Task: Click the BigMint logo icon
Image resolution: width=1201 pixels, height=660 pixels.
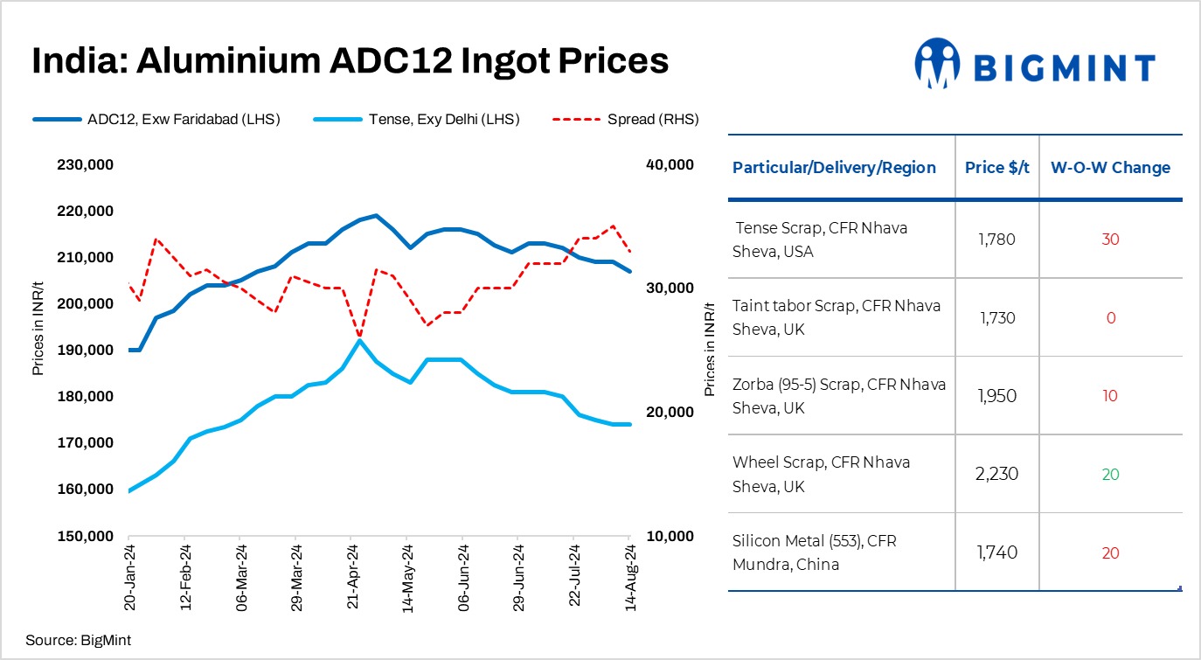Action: pyautogui.click(x=938, y=63)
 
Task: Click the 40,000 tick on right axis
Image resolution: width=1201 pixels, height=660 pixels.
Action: pyautogui.click(x=668, y=165)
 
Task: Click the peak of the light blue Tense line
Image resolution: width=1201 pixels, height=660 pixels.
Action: pyautogui.click(x=359, y=340)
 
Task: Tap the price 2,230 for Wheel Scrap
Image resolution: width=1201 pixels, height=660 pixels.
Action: pyautogui.click(x=997, y=474)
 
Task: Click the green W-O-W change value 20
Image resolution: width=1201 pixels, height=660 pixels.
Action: pyautogui.click(x=1110, y=475)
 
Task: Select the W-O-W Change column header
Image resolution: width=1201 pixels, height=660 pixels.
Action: pyautogui.click(x=1110, y=168)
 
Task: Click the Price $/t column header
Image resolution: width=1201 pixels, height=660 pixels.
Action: pyautogui.click(x=996, y=168)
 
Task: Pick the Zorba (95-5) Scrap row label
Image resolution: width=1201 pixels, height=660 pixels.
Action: pyautogui.click(x=838, y=396)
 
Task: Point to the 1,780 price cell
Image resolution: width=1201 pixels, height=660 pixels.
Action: pyautogui.click(x=997, y=240)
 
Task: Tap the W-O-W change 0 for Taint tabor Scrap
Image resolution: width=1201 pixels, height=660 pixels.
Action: pyautogui.click(x=1110, y=318)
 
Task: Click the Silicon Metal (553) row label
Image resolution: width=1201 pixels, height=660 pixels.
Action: pyautogui.click(x=814, y=552)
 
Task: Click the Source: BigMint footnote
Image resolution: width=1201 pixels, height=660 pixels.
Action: pyautogui.click(x=78, y=640)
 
